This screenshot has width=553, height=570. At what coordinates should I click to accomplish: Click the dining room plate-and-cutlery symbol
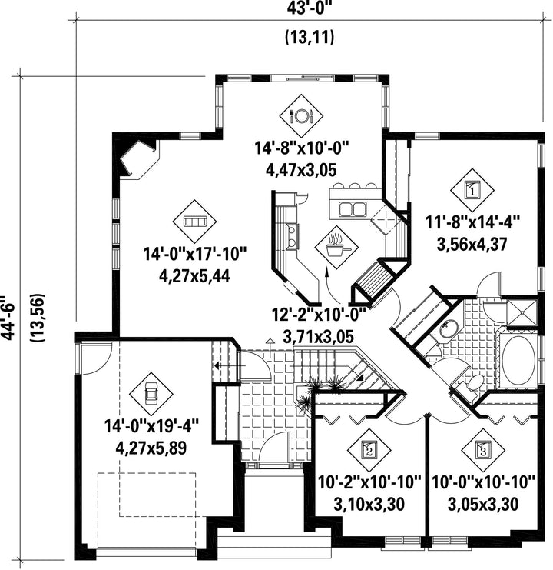(x=301, y=116)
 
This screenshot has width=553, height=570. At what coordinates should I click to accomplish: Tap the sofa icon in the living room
(x=194, y=222)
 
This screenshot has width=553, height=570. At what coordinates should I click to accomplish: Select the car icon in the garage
(x=151, y=394)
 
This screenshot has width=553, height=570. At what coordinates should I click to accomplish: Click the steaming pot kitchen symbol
(x=336, y=248)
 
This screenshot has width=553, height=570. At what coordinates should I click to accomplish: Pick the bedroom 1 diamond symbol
(x=472, y=190)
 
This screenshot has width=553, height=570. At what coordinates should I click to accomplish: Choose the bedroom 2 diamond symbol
(x=369, y=450)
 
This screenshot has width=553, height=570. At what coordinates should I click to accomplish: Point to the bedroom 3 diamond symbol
(x=483, y=450)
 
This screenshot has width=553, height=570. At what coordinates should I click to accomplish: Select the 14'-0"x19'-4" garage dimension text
(x=151, y=426)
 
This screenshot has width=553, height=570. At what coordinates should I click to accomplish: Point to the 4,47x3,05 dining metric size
(x=301, y=170)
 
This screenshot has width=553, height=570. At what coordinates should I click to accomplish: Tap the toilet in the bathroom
(x=472, y=385)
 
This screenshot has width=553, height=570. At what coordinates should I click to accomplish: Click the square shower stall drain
(x=522, y=312)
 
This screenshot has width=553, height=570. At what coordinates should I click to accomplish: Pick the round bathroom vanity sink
(x=449, y=330)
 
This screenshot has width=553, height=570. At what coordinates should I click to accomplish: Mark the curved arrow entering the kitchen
(x=331, y=285)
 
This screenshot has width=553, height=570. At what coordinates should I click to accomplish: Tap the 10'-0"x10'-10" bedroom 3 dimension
(x=483, y=483)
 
